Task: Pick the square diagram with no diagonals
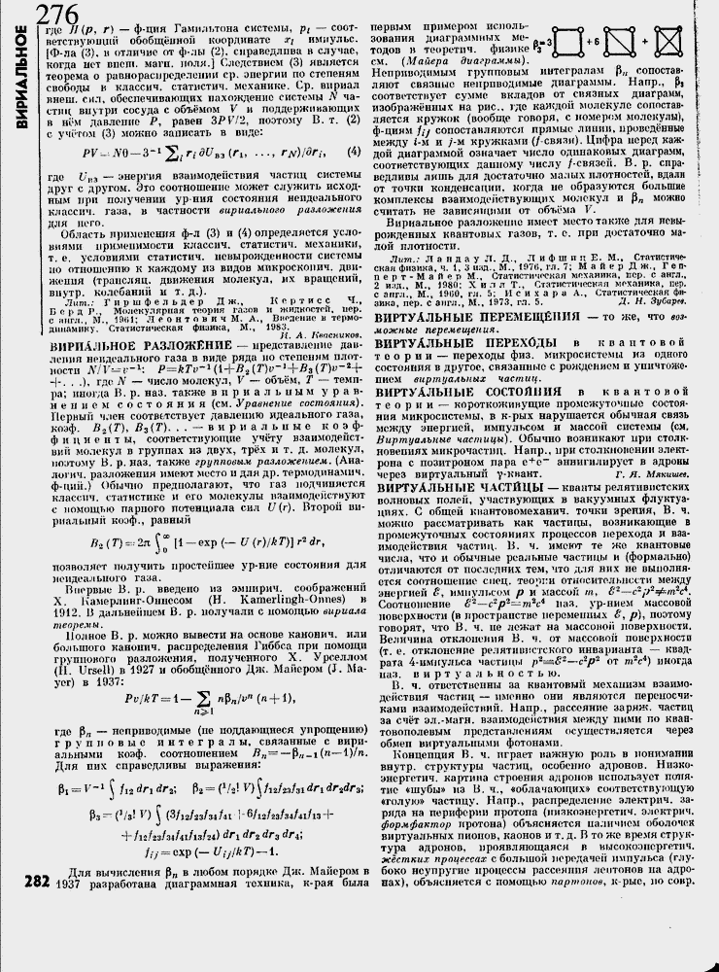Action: pos(560,44)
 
